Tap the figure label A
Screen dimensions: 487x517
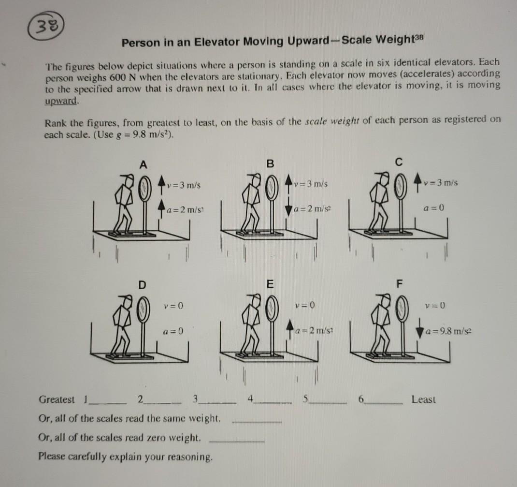[x=143, y=164]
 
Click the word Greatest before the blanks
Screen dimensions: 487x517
[x=57, y=400]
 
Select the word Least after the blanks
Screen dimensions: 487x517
[x=423, y=400]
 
